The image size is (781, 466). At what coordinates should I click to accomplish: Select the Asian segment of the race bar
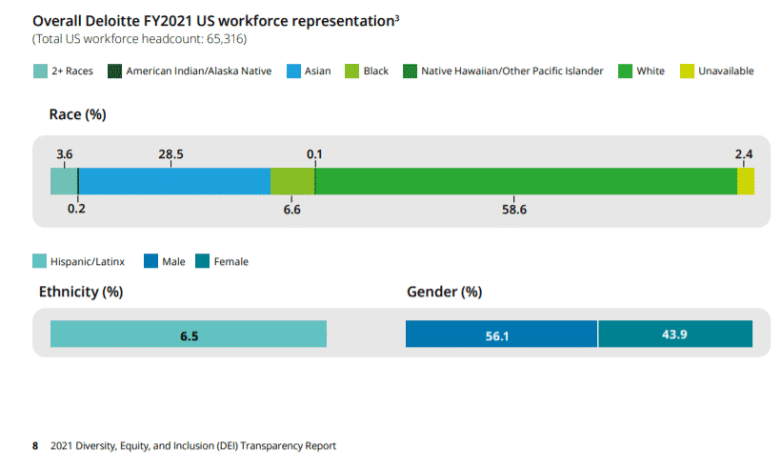point(174,181)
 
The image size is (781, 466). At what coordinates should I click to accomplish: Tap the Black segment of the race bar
point(291,181)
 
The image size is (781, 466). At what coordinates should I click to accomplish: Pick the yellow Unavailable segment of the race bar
point(746,181)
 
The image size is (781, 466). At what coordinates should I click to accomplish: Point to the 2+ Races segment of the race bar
point(63,181)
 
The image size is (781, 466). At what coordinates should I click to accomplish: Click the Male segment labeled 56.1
point(501,334)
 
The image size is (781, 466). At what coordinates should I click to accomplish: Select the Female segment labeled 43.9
point(675,334)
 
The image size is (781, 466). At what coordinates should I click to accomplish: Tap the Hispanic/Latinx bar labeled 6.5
point(189,334)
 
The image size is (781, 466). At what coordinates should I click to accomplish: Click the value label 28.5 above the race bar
point(171,153)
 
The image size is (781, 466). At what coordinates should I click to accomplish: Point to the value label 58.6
point(514,209)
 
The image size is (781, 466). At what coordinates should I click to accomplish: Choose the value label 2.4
point(744,153)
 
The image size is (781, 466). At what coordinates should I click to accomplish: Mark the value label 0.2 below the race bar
point(76,209)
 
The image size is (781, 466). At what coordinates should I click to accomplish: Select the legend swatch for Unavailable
point(686,71)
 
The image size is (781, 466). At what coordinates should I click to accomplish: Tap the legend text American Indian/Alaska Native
point(199,71)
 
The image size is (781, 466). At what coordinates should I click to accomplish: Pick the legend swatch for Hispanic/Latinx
point(39,261)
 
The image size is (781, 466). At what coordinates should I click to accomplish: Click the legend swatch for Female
point(202,261)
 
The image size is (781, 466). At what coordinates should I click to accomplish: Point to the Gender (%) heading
point(444,292)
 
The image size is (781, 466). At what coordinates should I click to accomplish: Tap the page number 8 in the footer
point(35,446)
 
